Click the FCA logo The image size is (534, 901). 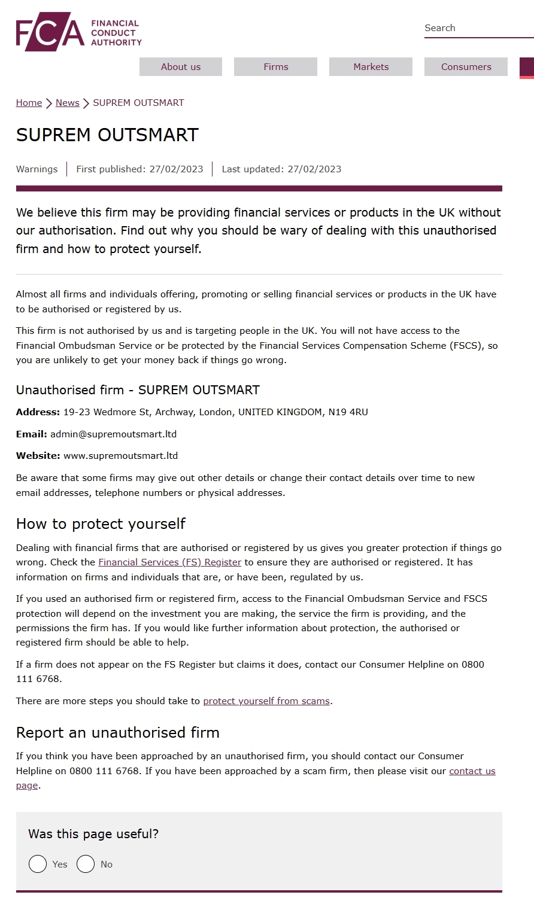[78, 32]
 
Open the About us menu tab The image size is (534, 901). [181, 67]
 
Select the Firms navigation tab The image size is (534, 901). [275, 67]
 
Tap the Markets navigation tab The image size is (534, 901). [371, 67]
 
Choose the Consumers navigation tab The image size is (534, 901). [466, 67]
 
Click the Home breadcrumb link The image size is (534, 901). [29, 103]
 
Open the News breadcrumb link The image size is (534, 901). [67, 103]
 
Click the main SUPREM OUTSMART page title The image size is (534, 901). [107, 135]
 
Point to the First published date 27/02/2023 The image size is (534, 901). [176, 169]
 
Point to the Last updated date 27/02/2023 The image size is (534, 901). [314, 169]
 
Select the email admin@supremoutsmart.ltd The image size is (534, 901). [113, 434]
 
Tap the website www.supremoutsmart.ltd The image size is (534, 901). [120, 456]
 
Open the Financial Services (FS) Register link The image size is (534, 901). [169, 562]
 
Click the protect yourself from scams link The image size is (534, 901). [266, 701]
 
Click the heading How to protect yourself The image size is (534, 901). [101, 524]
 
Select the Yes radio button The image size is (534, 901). [38, 864]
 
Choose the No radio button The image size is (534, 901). [86, 864]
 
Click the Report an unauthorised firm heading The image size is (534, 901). [117, 733]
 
